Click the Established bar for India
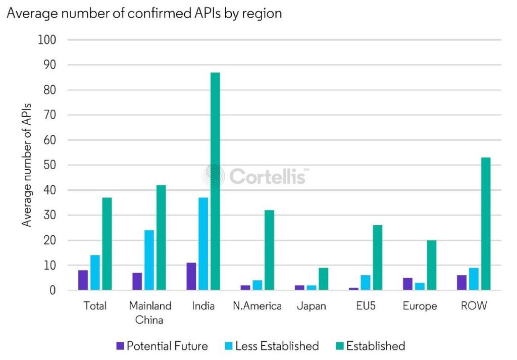215,181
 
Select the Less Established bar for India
203,244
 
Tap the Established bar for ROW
486,224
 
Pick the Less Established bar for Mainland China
149,260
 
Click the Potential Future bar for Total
83,280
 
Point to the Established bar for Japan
323,279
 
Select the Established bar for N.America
269,250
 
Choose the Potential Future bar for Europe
408,284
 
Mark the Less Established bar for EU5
366,283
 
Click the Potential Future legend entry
162,346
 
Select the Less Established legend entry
272,346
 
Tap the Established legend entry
370,346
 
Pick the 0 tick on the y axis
52,290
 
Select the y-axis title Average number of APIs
26,164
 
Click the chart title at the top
144,14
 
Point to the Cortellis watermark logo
255,176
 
